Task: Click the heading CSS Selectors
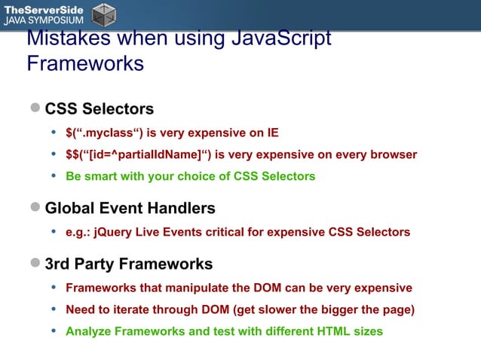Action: (99, 108)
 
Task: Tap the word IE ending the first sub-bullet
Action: (272, 133)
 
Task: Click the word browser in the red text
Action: (394, 154)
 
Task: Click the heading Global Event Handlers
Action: (130, 207)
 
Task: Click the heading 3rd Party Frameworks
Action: (128, 264)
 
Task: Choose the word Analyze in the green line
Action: (87, 331)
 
